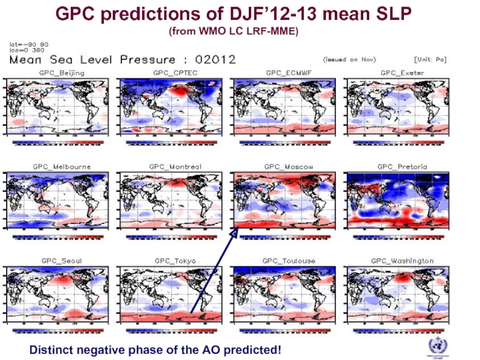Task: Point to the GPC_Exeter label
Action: tap(402, 73)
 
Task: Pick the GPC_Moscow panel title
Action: tap(289, 166)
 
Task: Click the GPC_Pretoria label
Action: tap(402, 166)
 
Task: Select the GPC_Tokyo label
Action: tap(173, 261)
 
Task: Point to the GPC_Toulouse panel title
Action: tap(289, 261)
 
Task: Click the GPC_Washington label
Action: tap(402, 261)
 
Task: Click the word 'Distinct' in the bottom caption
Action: tap(50, 349)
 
